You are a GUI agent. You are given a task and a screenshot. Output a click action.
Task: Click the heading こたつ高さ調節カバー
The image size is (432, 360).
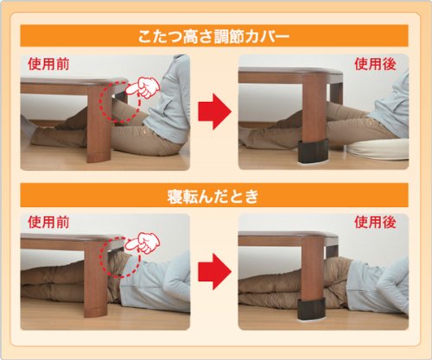pyautogui.click(x=213, y=36)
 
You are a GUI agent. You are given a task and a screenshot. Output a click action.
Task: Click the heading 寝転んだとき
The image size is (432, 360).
pyautogui.click(x=213, y=197)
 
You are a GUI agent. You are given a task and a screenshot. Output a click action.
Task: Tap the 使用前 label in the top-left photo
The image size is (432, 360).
pyautogui.click(x=48, y=64)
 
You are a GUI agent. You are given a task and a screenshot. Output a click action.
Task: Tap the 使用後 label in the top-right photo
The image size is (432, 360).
pyautogui.click(x=375, y=64)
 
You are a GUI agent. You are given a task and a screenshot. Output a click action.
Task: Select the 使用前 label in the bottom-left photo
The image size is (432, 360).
pyautogui.click(x=48, y=222)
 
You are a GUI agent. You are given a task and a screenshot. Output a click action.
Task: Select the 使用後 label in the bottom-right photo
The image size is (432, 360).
pyautogui.click(x=375, y=222)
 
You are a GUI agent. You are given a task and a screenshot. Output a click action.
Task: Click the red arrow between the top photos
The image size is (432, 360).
pyautogui.click(x=214, y=111)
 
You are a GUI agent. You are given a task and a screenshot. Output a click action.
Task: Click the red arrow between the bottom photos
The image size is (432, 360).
pyautogui.click(x=214, y=271)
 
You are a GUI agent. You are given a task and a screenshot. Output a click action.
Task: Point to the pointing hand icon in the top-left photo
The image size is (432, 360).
pyautogui.click(x=143, y=87)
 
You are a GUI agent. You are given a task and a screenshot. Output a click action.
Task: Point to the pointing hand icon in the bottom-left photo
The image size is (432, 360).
pyautogui.click(x=143, y=243)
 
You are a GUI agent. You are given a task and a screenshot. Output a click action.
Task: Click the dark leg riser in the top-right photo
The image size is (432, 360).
pyautogui.click(x=313, y=151)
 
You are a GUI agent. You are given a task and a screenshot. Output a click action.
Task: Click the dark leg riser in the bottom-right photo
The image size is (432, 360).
pyautogui.click(x=311, y=309)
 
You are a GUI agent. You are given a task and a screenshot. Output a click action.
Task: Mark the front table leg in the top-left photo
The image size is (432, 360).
pyautogui.click(x=98, y=123)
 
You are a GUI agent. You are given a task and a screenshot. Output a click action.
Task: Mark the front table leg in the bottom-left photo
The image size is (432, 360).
pyautogui.click(x=95, y=279)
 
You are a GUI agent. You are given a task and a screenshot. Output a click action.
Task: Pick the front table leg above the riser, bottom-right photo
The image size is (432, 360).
pyautogui.click(x=312, y=270)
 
